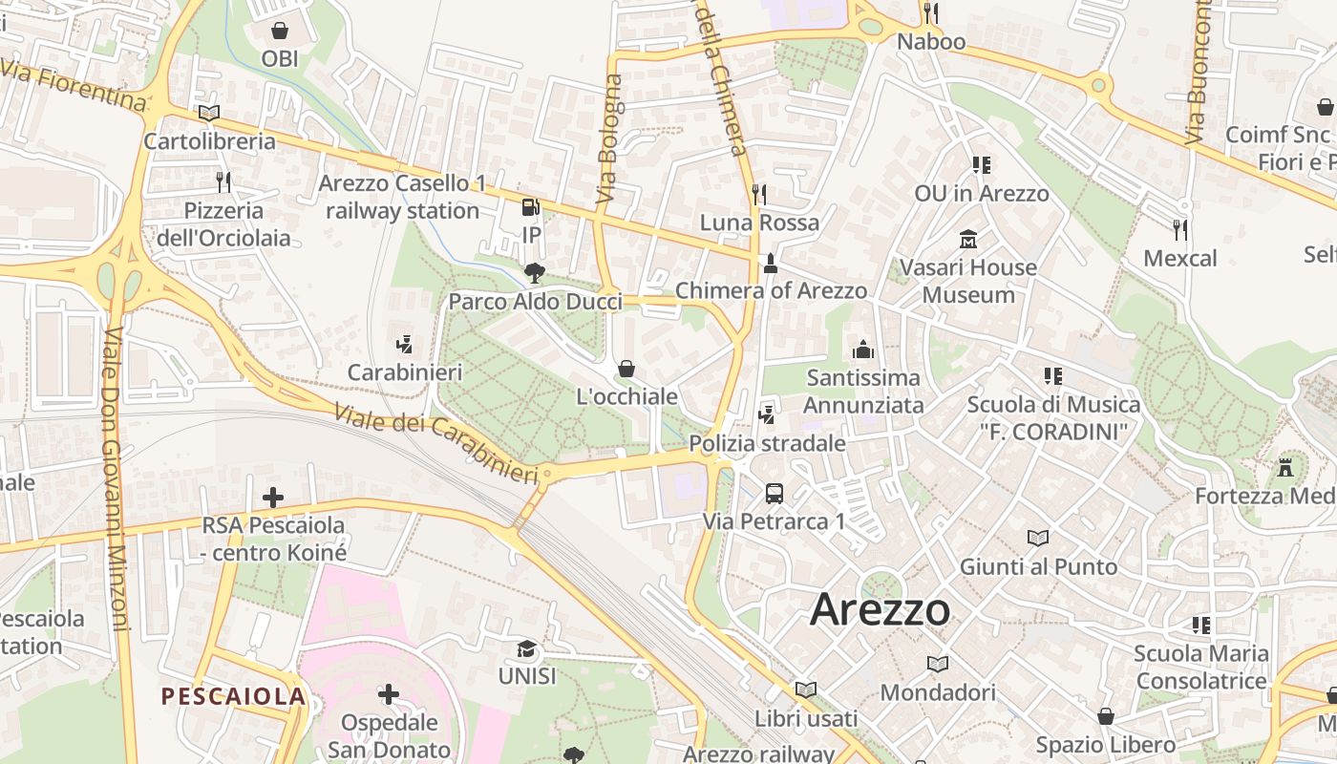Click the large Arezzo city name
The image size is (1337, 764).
pos(880,610)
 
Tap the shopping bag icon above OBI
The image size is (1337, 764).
pos(280,31)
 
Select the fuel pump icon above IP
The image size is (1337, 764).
pos(531,206)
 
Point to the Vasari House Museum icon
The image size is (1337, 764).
pos(968,239)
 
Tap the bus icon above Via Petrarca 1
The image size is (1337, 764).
pos(775,494)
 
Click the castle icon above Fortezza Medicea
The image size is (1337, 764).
pos(1285,468)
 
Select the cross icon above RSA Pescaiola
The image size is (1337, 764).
pos(273,497)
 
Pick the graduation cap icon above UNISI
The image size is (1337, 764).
pos(526,649)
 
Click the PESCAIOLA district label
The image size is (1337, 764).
pos(234,696)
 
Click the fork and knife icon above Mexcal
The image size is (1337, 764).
pos(1180,229)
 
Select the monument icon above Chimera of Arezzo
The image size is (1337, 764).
pos(771,263)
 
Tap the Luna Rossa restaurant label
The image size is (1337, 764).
pos(759,223)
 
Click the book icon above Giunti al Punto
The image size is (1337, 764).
pos(1038,539)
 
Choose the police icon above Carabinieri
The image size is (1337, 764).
pos(405,344)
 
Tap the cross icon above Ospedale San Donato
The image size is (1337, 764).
pos(389,693)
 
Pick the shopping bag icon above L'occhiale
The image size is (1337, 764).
pos(627,369)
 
